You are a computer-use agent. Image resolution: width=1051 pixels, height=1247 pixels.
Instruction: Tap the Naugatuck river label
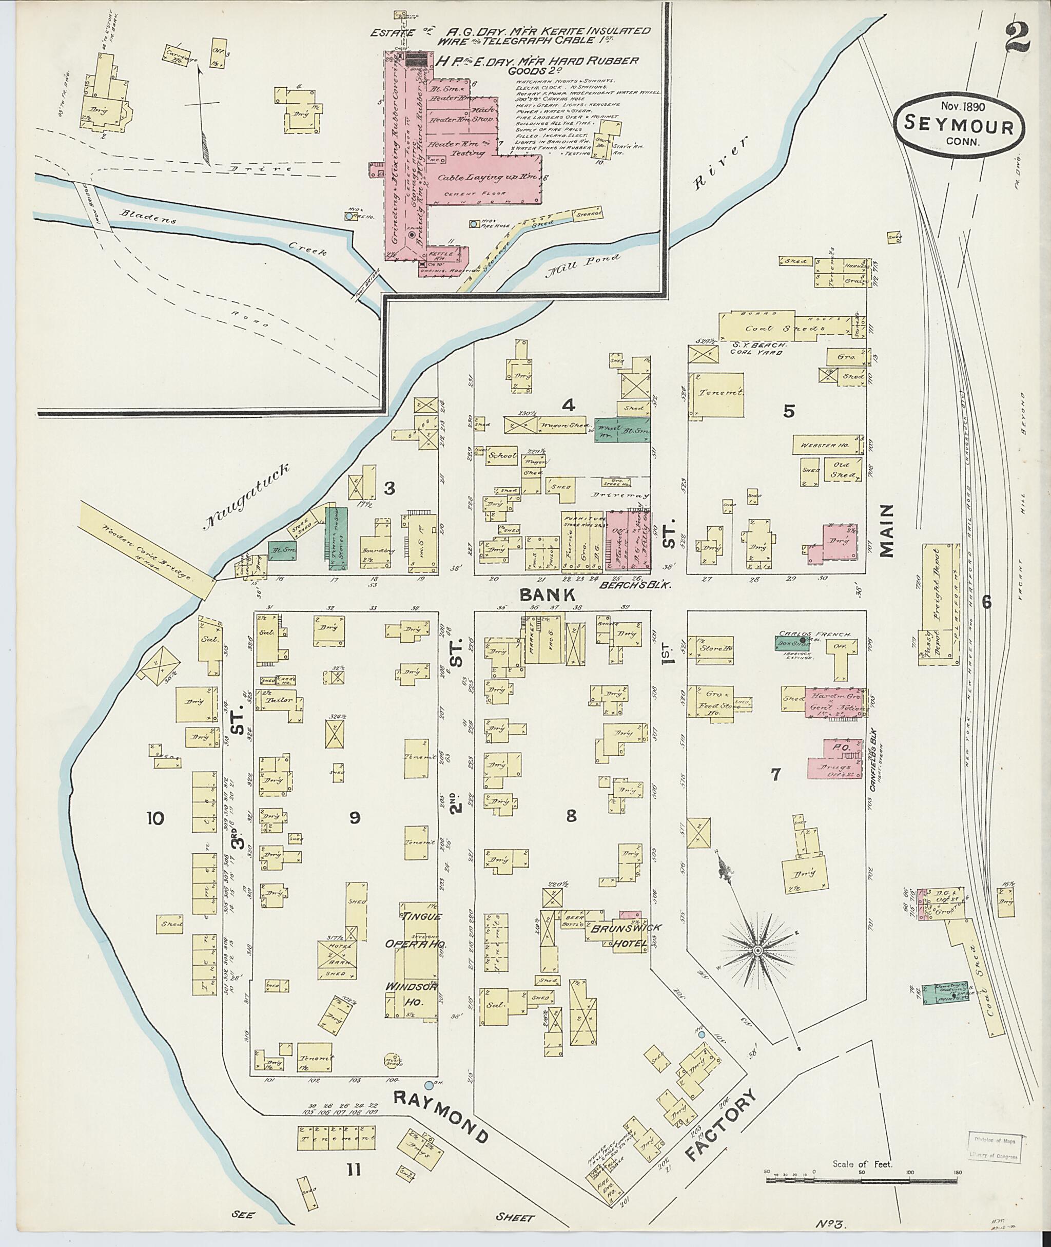tap(247, 497)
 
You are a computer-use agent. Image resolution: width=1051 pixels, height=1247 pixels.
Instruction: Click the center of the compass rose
tap(758, 950)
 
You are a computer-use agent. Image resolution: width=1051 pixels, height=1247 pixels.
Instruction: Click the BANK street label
tap(547, 595)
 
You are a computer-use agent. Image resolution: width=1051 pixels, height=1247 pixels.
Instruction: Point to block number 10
tap(156, 818)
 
